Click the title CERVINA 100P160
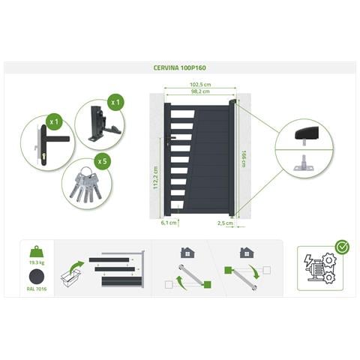point(180,67)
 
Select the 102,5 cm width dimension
point(200,85)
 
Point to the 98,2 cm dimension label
point(200,91)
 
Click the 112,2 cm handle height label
point(155,177)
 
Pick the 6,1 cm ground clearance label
point(169,223)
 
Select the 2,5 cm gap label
point(225,223)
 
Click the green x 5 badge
point(102,161)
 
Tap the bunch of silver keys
point(85,184)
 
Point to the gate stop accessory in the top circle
point(103,124)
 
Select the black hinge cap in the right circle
point(307,134)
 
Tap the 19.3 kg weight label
point(37,262)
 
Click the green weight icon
point(37,252)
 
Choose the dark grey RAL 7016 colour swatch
point(37,277)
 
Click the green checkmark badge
point(342,247)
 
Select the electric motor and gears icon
point(319,268)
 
